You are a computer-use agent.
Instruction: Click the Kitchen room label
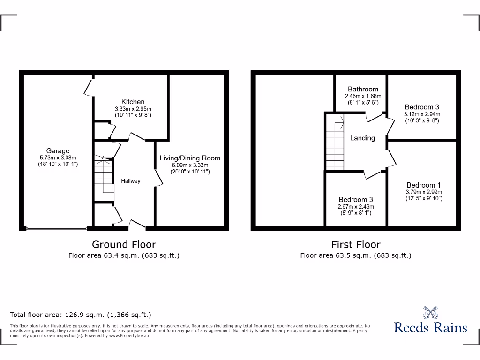coord(133,102)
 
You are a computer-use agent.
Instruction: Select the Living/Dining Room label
coord(190,158)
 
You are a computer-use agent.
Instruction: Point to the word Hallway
coord(131,181)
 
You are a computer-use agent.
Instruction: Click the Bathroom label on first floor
coord(363,89)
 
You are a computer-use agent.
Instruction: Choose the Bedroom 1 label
coord(424,185)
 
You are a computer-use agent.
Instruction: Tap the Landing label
coord(362,138)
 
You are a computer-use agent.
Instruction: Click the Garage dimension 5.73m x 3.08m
coord(58,157)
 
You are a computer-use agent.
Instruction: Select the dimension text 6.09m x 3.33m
coord(190,165)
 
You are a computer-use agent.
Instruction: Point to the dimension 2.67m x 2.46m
coord(356,206)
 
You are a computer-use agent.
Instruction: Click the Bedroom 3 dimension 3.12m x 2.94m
coord(422,114)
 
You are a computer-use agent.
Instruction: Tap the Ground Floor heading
coord(124,244)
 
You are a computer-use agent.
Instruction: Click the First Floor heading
coord(356,244)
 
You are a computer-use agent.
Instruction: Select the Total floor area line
coord(81,315)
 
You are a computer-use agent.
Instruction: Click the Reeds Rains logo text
coord(430,327)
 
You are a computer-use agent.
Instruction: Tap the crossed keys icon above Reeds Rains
coord(430,312)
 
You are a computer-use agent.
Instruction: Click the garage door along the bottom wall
coord(56,229)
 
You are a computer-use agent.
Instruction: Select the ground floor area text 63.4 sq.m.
coord(124,255)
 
